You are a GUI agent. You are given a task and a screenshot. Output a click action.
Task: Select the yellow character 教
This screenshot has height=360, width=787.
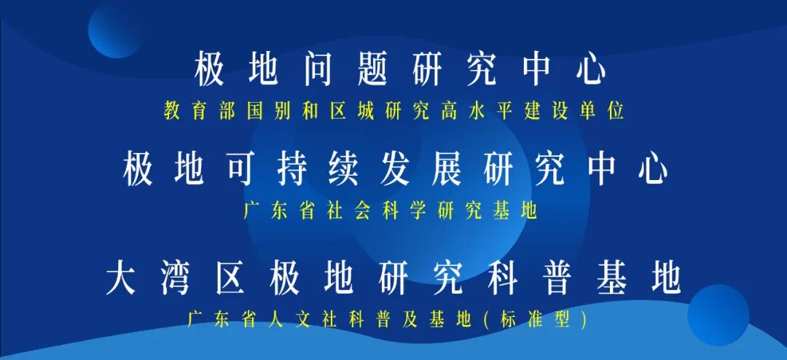tap(173, 111)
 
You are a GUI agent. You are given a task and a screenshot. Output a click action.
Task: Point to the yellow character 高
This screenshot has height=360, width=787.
tap(448, 111)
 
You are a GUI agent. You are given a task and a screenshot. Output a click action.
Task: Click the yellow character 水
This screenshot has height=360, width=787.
tap(477, 111)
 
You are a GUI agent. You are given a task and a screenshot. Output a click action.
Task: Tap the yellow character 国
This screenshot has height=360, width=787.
tap(256, 111)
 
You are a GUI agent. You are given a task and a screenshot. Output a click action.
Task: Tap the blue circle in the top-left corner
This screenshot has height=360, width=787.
tap(115, 29)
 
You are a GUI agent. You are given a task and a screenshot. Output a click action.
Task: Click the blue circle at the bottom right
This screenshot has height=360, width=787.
tap(718, 314)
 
